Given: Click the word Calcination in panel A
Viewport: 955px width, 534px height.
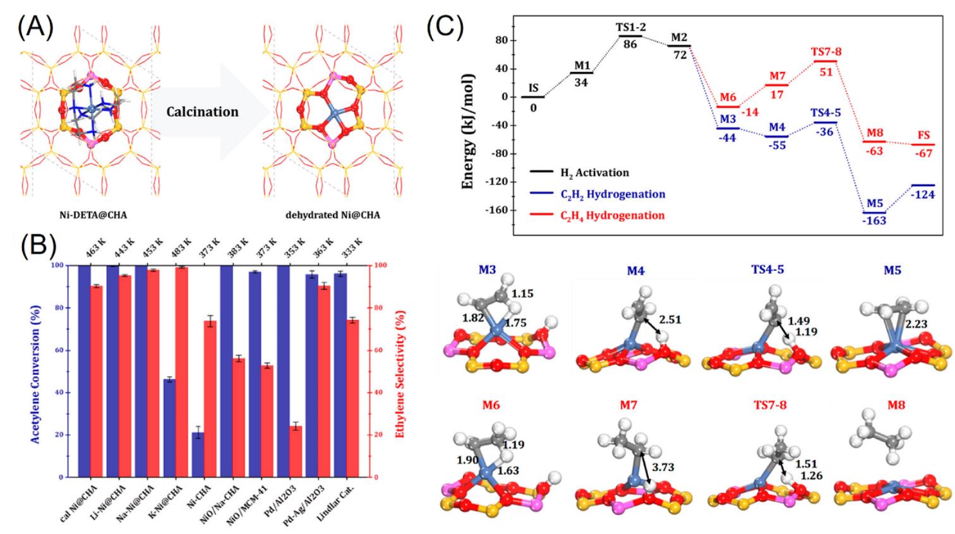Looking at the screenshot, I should (202, 112).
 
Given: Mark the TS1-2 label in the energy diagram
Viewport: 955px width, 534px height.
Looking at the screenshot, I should (630, 28).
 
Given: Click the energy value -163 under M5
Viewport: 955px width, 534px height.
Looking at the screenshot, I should (875, 220).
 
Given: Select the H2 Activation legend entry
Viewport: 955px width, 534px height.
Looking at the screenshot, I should (594, 172).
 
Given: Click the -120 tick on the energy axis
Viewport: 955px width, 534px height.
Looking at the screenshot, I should (496, 182).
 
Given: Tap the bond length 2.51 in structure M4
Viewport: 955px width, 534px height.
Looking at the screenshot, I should (670, 319).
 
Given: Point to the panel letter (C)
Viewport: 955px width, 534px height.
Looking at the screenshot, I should (445, 27).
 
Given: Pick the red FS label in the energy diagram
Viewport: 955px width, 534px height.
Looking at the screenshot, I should (923, 136).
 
